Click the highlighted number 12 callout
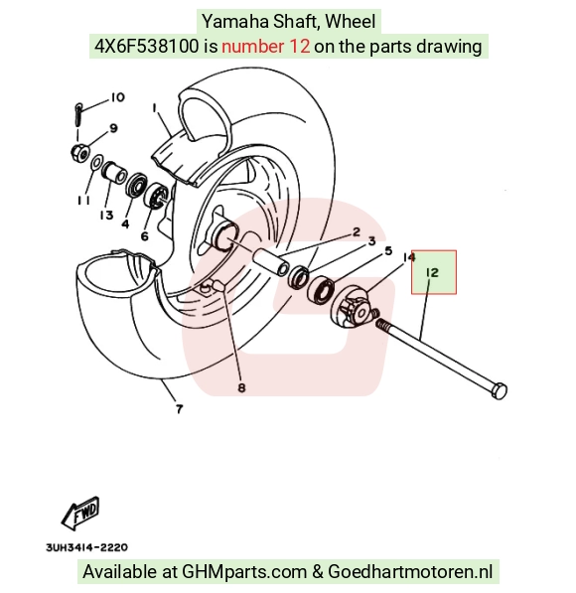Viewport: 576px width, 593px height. point(432,273)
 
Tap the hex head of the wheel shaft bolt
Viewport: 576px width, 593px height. point(499,391)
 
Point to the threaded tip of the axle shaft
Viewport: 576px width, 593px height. point(380,324)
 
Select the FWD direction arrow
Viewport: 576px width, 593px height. point(80,514)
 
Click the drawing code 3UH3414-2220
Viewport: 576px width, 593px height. point(86,547)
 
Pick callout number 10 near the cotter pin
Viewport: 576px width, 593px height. point(117,97)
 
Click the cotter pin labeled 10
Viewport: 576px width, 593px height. point(77,114)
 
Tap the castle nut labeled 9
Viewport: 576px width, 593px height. point(80,152)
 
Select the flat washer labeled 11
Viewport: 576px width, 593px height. point(96,163)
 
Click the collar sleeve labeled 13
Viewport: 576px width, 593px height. point(114,173)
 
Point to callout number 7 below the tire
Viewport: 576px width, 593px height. point(179,409)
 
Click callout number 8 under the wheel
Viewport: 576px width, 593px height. point(241,387)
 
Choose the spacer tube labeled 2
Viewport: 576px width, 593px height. point(270,262)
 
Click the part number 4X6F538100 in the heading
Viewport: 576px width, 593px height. point(146,46)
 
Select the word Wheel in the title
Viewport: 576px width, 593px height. point(351,21)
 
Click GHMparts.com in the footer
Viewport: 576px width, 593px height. point(244,571)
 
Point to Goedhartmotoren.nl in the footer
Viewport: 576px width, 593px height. point(410,571)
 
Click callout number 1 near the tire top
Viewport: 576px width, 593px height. point(154,108)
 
